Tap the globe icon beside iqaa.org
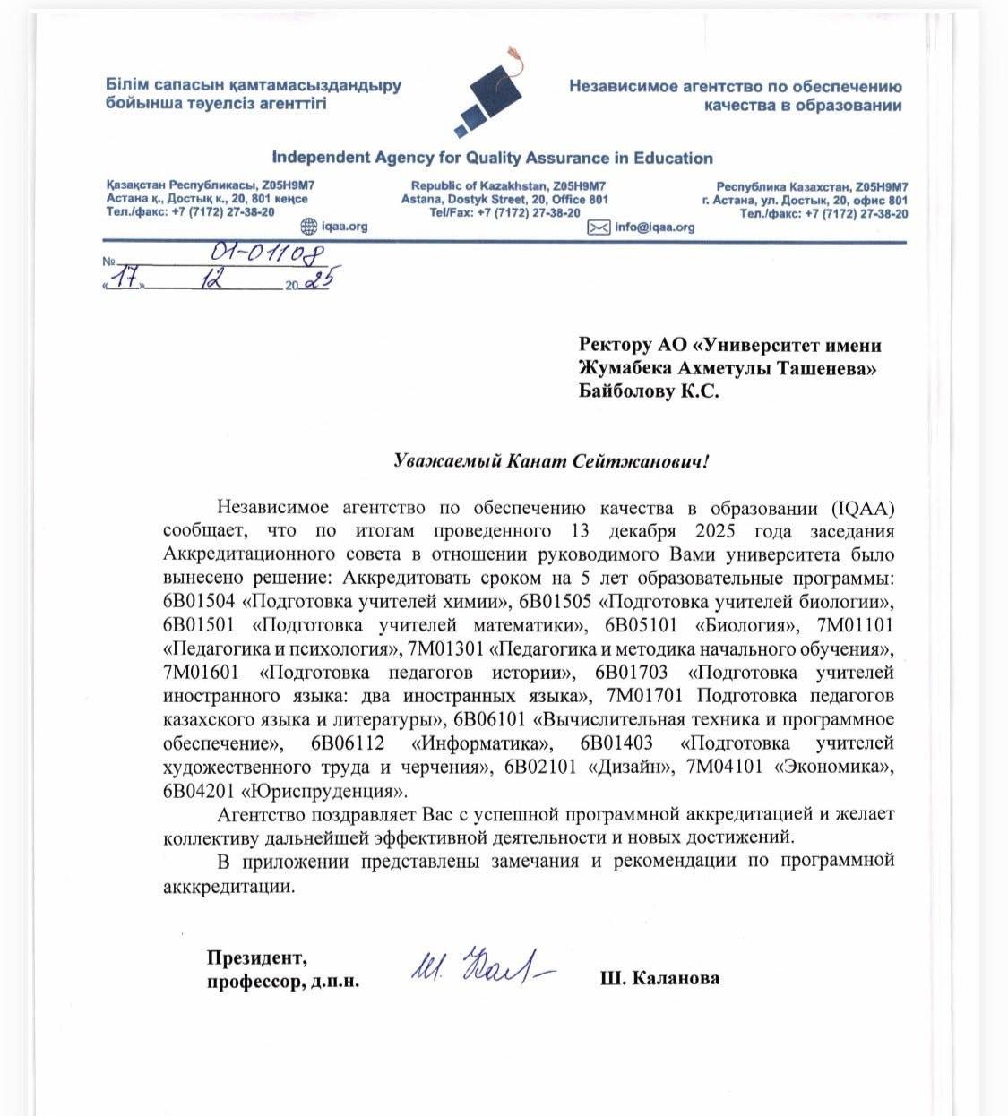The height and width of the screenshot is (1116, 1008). click(308, 227)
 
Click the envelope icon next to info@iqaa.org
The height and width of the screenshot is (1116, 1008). click(598, 227)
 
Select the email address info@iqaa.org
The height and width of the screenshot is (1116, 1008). click(655, 227)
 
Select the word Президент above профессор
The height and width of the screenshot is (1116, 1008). click(256, 957)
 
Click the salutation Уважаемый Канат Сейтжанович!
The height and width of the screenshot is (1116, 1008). click(552, 461)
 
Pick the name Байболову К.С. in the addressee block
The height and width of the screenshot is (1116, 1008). click(649, 391)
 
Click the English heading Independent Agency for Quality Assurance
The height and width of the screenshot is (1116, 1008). click(492, 159)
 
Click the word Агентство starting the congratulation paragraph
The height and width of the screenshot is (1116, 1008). click(261, 815)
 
